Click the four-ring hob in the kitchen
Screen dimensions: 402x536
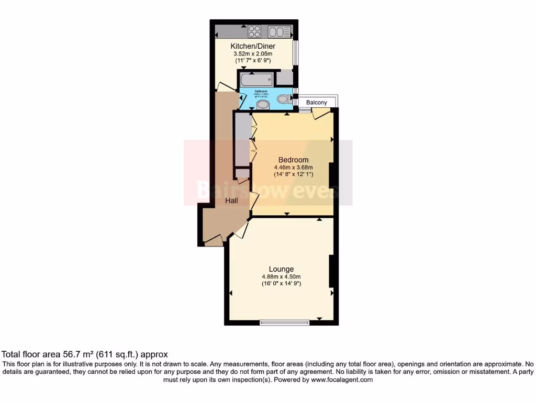tap(254, 31)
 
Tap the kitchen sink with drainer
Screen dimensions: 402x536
tap(279, 31)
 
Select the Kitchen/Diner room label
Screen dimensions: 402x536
tap(253, 46)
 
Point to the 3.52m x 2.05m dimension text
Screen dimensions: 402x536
tap(253, 53)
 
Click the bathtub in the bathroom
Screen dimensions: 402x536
tap(256, 80)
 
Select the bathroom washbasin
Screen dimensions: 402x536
tap(262, 105)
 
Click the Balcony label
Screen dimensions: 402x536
tap(317, 103)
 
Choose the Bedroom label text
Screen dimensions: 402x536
tap(293, 160)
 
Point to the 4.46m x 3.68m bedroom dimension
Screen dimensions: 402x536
tap(293, 167)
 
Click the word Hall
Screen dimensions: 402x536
tap(232, 200)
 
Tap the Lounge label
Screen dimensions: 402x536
tap(282, 269)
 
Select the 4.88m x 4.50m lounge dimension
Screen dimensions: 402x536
tap(282, 276)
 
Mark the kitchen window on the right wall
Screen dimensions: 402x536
tap(295, 53)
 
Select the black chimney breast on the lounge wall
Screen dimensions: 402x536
tap(331, 271)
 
